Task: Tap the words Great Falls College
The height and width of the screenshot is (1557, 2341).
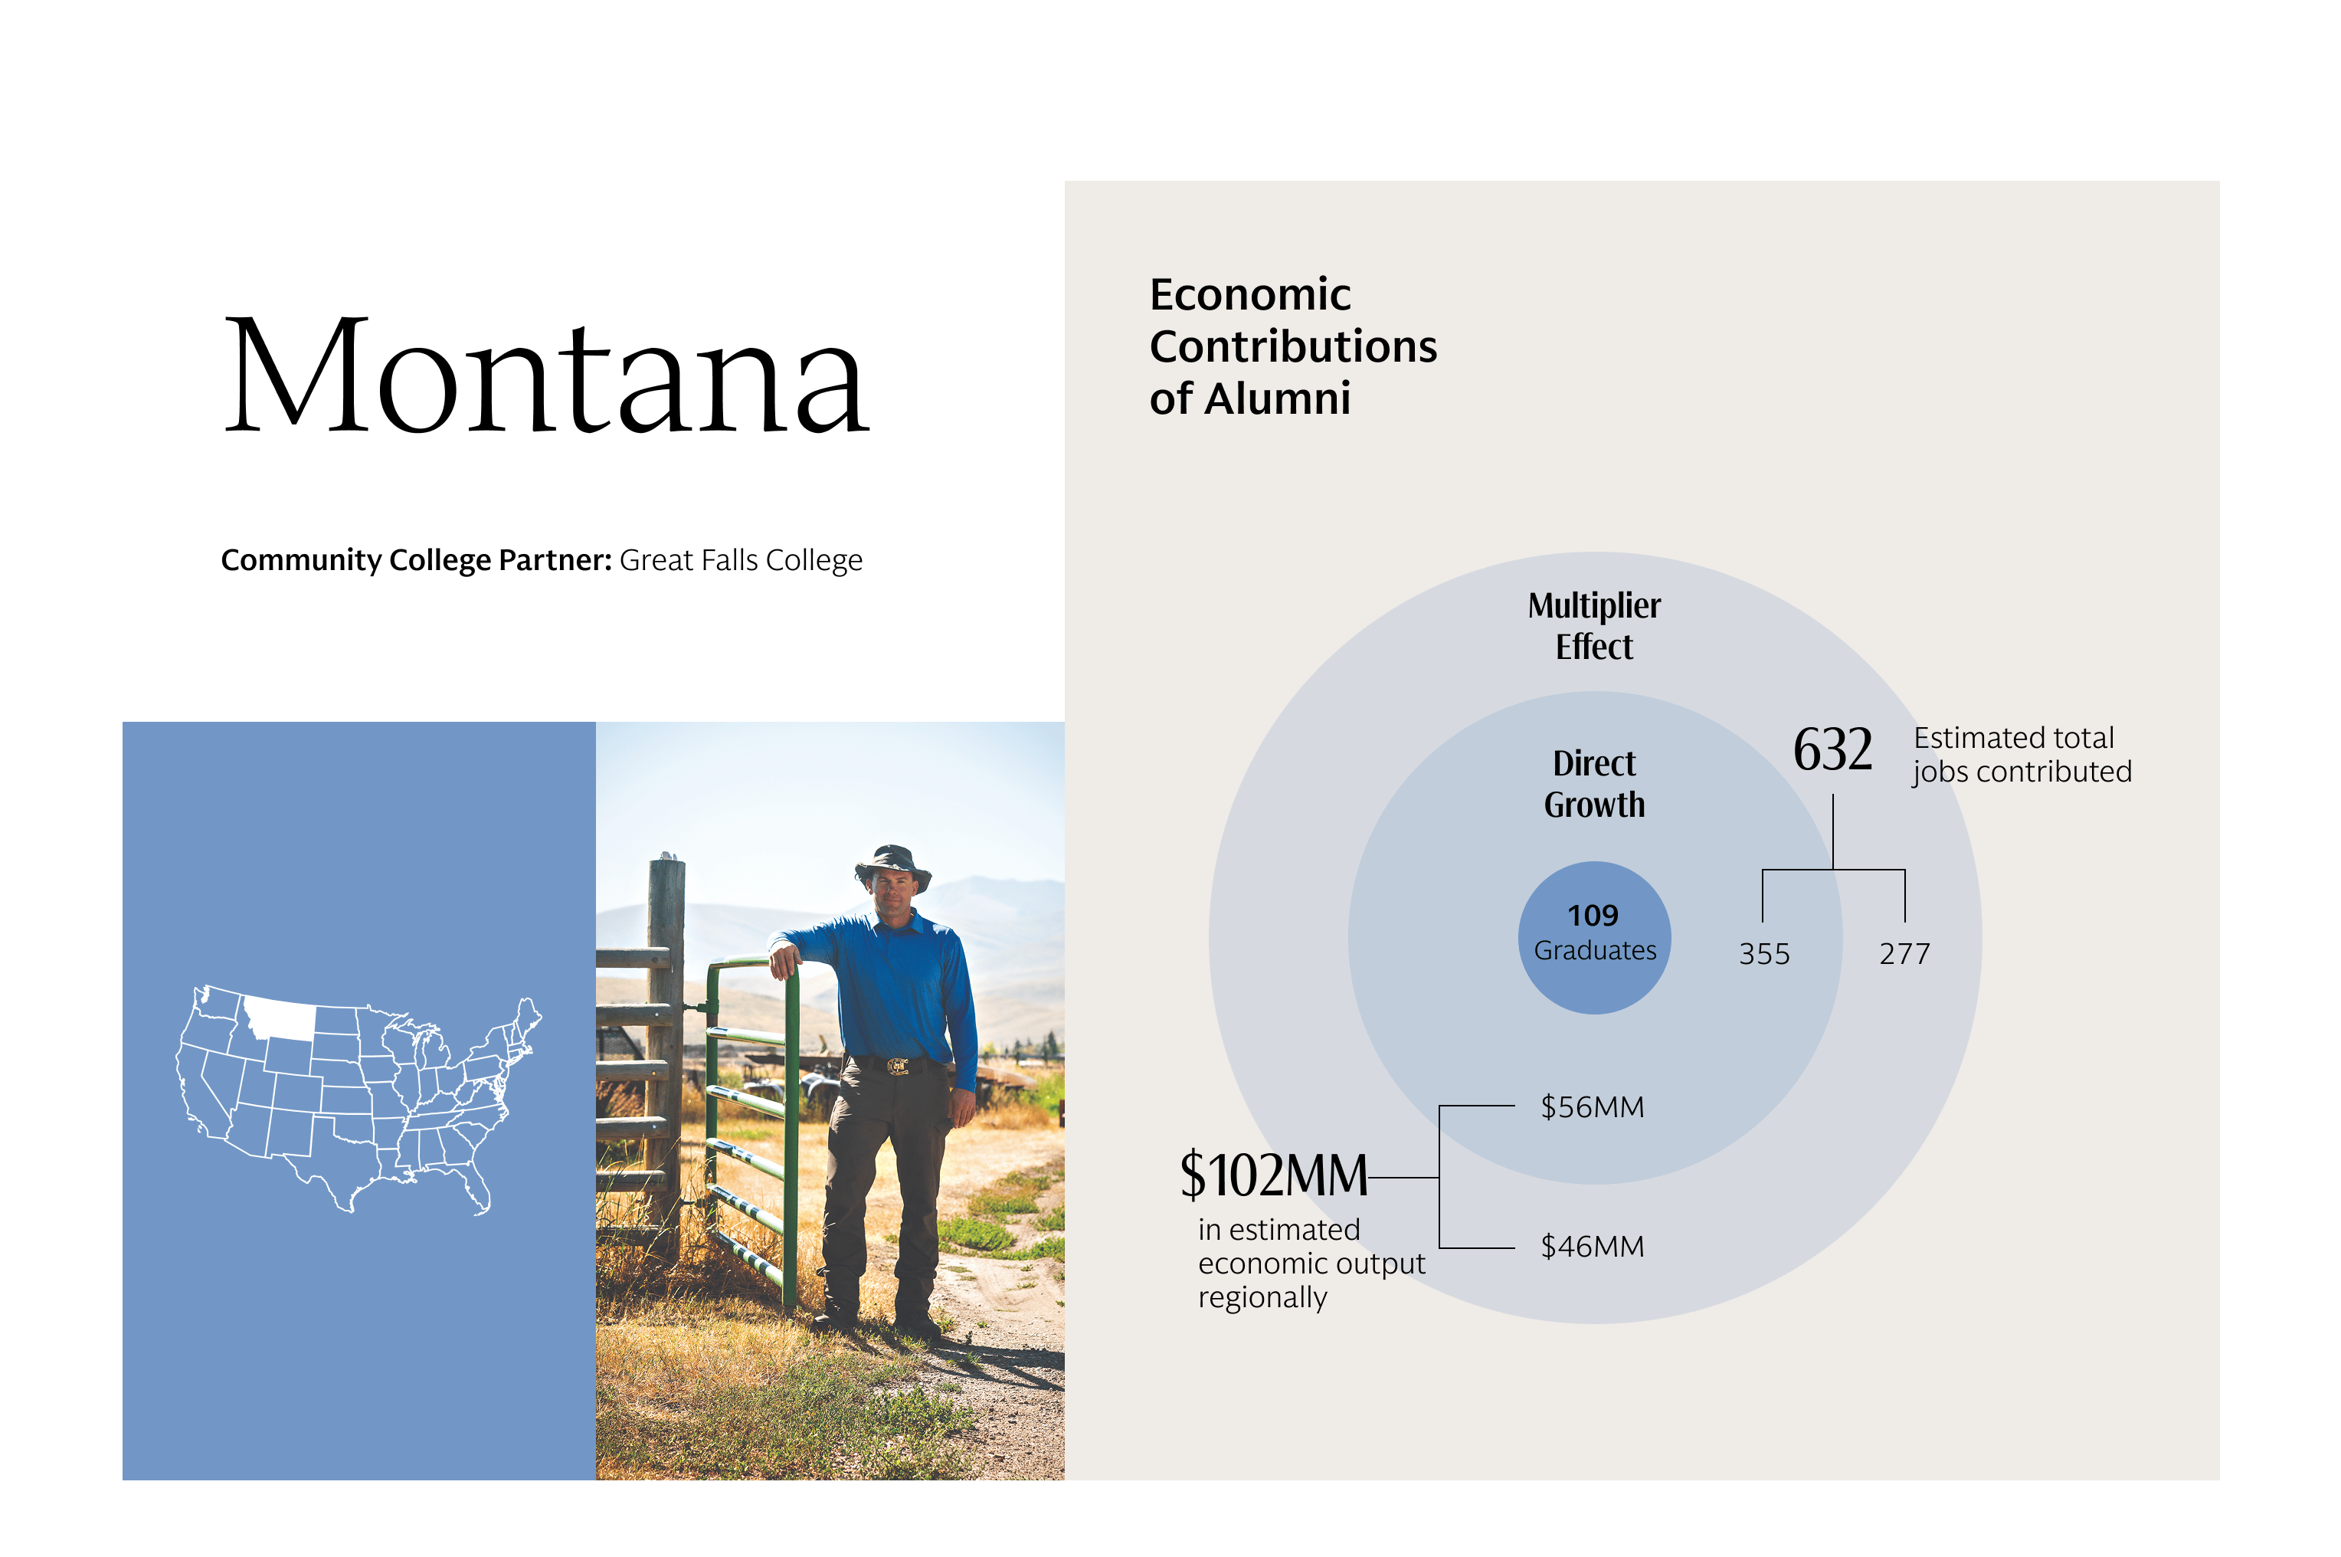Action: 741,561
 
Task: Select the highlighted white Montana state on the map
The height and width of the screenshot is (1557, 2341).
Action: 280,1018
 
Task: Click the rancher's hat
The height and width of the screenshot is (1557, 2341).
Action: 892,866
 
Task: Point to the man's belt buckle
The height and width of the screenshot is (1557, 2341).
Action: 898,1067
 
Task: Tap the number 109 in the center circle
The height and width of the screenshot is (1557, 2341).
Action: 1593,916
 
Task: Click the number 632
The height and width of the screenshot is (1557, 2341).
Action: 1832,749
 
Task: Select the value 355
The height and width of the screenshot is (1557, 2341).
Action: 1764,954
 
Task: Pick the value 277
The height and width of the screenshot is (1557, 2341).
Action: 1904,954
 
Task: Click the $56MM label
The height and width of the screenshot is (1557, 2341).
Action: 1592,1107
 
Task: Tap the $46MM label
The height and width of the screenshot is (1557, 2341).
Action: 1592,1246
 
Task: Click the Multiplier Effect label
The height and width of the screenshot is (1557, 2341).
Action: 1593,625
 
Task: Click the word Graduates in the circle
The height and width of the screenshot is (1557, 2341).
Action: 1594,951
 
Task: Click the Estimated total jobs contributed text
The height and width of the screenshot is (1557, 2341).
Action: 2022,755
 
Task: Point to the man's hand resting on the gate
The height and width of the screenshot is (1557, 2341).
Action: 784,960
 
